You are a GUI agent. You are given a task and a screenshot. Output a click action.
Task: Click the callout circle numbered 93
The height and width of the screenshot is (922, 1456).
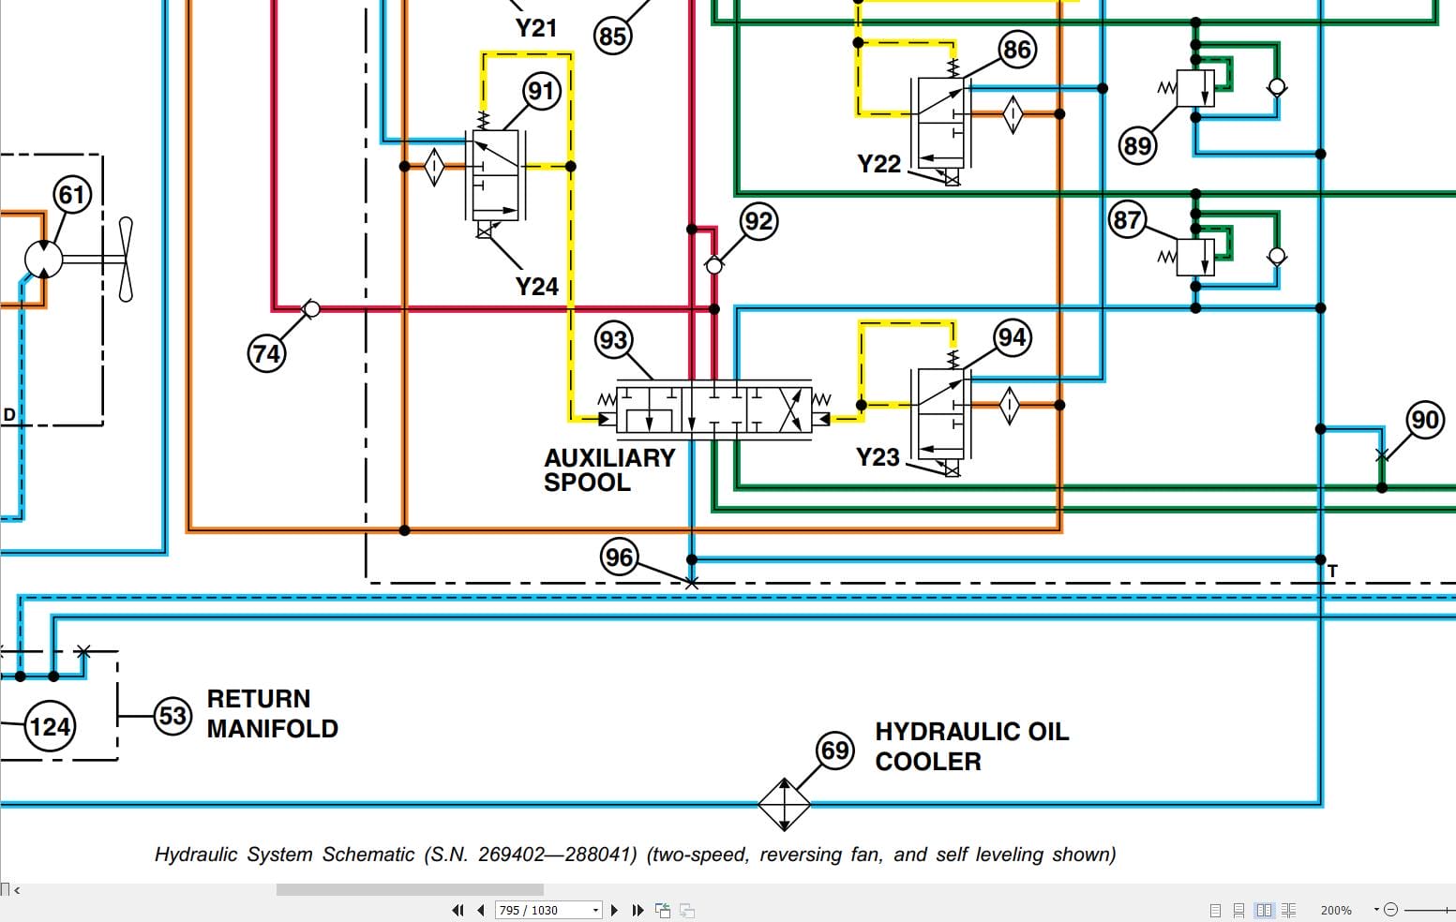(x=613, y=339)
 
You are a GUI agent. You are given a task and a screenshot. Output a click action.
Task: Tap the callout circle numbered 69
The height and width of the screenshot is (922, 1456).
(x=834, y=751)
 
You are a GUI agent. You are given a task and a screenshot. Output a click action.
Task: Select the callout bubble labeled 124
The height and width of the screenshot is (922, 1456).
(x=50, y=726)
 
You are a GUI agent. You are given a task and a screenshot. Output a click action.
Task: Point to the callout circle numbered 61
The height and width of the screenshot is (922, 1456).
(x=72, y=195)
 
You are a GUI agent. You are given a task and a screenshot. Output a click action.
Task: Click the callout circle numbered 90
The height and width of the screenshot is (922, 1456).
(x=1424, y=419)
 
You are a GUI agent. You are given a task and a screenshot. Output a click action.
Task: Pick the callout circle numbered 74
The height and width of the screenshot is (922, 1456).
(x=266, y=353)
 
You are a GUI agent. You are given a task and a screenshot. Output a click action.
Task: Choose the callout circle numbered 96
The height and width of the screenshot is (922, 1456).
(x=619, y=558)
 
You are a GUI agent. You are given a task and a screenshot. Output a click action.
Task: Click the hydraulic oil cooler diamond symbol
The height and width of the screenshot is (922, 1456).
(x=784, y=804)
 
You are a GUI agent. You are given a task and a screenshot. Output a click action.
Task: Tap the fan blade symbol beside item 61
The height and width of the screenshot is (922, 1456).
(x=126, y=260)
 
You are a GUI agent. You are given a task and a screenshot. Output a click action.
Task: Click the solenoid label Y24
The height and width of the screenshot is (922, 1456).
(x=536, y=286)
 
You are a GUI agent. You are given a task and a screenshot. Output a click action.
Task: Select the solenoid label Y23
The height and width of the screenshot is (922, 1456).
(x=878, y=457)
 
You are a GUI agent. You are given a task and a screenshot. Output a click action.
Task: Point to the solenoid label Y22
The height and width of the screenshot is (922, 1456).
(x=878, y=164)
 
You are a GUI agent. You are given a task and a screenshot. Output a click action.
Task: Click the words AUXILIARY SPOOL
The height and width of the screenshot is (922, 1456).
(x=609, y=469)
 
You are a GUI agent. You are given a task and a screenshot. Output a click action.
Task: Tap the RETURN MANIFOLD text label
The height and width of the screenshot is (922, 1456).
(x=272, y=713)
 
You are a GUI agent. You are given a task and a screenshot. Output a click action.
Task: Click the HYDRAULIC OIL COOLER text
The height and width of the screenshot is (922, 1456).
(x=971, y=746)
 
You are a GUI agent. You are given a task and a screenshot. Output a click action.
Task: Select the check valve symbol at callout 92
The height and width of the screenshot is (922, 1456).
(x=714, y=266)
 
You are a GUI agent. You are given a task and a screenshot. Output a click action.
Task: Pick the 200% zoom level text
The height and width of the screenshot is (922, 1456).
(x=1335, y=910)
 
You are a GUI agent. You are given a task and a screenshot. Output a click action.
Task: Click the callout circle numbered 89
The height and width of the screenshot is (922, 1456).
(x=1137, y=145)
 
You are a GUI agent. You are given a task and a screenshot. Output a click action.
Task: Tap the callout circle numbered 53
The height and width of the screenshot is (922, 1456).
(x=173, y=716)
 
